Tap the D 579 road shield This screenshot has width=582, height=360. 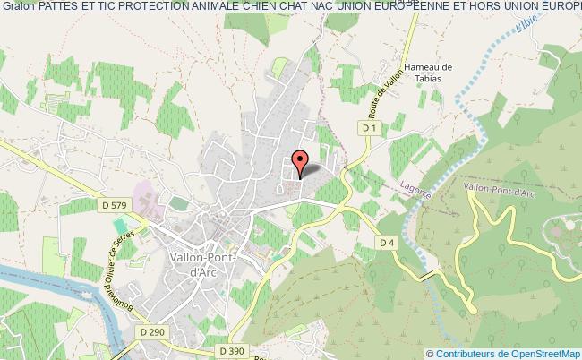[113, 205]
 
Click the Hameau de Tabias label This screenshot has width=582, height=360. [429, 72]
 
